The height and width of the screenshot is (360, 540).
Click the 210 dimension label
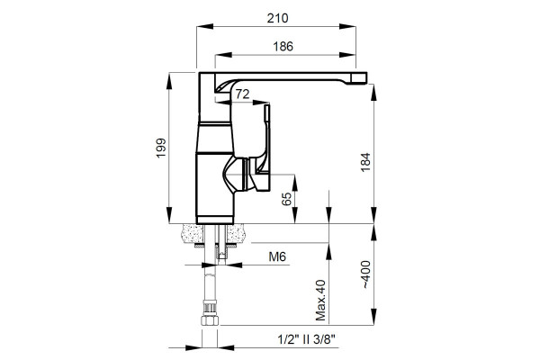277,18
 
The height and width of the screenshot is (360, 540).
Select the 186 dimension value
283,46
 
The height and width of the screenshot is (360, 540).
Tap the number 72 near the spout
242,94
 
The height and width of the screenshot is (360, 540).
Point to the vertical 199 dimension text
161,148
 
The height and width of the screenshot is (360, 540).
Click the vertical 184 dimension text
365,162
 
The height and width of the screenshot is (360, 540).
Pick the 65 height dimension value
286,199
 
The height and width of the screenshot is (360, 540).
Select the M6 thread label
277,256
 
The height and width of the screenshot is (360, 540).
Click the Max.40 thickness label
320,300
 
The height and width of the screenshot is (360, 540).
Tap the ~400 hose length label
365,274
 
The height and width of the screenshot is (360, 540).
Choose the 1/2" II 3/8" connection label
306,339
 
